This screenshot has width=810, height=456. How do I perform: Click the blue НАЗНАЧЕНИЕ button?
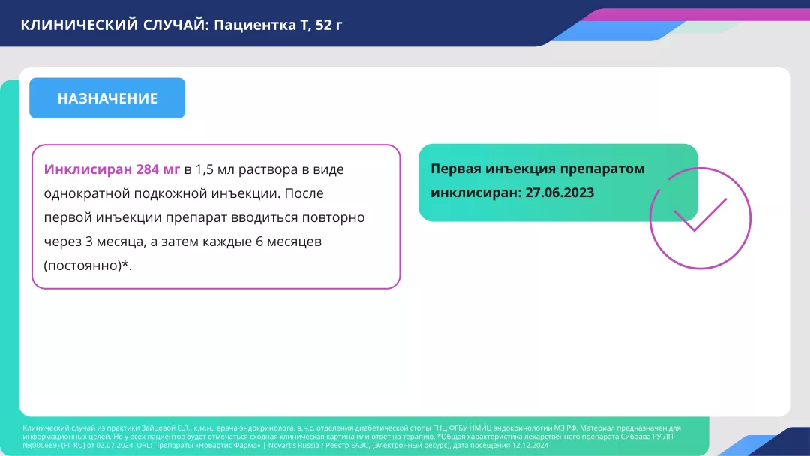[x=107, y=98]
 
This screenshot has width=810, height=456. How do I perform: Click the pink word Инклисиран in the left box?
[x=88, y=169]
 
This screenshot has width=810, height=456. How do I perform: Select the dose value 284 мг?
[x=158, y=169]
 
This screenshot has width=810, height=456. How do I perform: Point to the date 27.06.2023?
[x=559, y=193]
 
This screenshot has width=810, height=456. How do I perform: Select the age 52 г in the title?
[x=328, y=25]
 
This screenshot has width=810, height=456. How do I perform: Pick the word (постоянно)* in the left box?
[x=88, y=265]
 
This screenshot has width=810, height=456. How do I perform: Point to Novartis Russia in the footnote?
[x=292, y=445]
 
